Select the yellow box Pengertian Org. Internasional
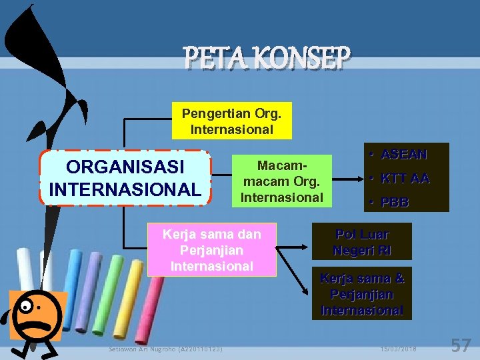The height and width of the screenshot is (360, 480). pyautogui.click(x=231, y=120)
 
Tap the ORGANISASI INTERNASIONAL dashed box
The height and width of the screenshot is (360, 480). pyautogui.click(x=125, y=178)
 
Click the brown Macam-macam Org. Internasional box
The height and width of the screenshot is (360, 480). pyautogui.click(x=281, y=181)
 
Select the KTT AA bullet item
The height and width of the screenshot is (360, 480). pyautogui.click(x=405, y=178)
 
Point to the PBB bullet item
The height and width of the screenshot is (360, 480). pyautogui.click(x=395, y=202)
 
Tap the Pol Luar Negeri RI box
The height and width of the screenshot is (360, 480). pyautogui.click(x=362, y=242)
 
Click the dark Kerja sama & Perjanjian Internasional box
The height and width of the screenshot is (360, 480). pyautogui.click(x=362, y=294)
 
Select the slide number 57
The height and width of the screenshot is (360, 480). pyautogui.click(x=461, y=345)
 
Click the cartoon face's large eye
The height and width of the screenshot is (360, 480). pyautogui.click(x=26, y=307)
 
